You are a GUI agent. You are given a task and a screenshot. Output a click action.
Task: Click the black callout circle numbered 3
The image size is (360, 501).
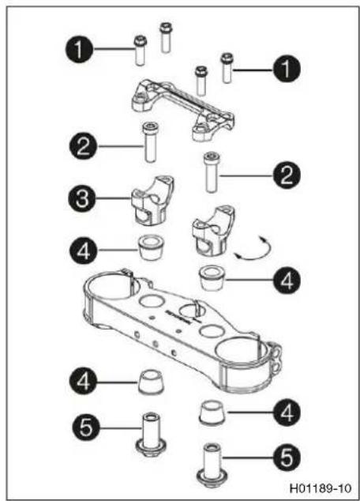82,198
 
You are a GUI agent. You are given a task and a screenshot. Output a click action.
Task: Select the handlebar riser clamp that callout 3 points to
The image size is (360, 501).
152,201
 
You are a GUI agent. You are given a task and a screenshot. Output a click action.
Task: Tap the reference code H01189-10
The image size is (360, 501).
320,488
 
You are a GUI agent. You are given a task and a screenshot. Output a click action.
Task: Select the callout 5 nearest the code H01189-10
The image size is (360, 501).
287,458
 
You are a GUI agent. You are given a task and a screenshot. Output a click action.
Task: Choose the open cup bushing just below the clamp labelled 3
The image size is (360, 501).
150,248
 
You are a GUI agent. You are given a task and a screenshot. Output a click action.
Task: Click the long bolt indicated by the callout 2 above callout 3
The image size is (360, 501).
150,142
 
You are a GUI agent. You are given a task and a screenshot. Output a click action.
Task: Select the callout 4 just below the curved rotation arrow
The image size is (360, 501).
287,281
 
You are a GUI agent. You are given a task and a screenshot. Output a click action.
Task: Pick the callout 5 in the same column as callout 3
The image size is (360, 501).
86,428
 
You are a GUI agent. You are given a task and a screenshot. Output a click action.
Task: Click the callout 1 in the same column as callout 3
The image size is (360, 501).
79,49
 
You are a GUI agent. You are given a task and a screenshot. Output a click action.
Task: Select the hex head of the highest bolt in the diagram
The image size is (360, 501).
165,27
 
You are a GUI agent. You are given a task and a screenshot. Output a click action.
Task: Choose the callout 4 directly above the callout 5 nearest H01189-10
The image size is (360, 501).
287,412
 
